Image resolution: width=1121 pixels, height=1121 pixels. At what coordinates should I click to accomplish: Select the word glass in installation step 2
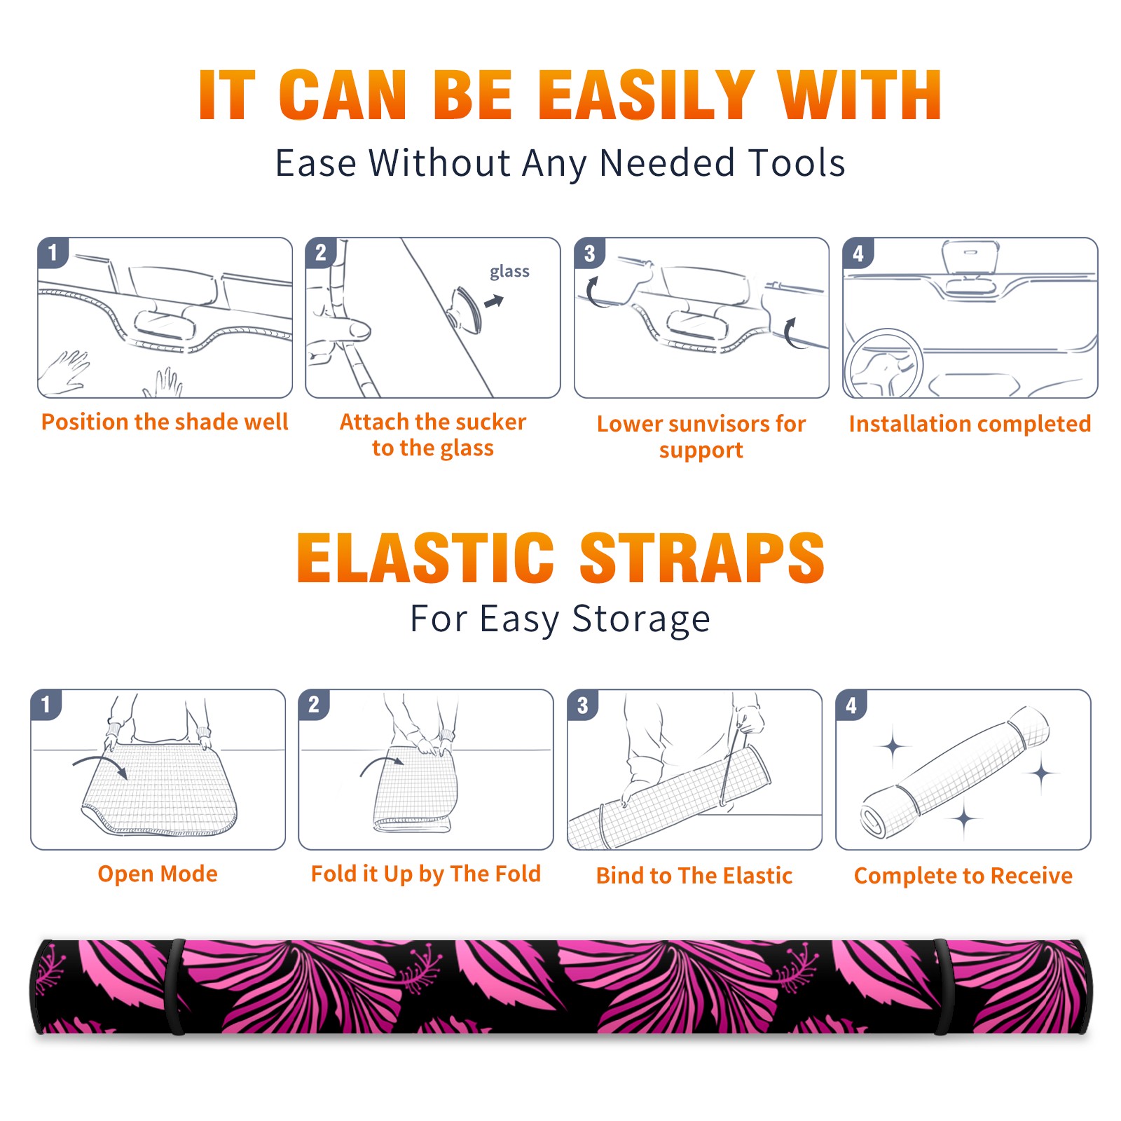[509, 272]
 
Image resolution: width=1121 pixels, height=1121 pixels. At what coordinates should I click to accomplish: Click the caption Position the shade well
[165, 422]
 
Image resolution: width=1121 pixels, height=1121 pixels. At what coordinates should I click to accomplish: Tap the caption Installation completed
[970, 423]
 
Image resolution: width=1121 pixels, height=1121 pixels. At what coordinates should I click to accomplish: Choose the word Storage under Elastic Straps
[641, 619]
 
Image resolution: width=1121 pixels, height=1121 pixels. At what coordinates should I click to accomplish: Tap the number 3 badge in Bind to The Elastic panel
[583, 705]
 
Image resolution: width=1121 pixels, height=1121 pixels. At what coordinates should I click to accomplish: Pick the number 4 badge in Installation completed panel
[858, 253]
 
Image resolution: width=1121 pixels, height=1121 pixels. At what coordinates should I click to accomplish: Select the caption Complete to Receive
[963, 875]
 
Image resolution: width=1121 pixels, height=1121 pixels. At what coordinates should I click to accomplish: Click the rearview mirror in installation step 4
[970, 257]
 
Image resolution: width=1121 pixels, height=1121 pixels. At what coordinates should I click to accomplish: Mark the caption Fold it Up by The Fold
[426, 874]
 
